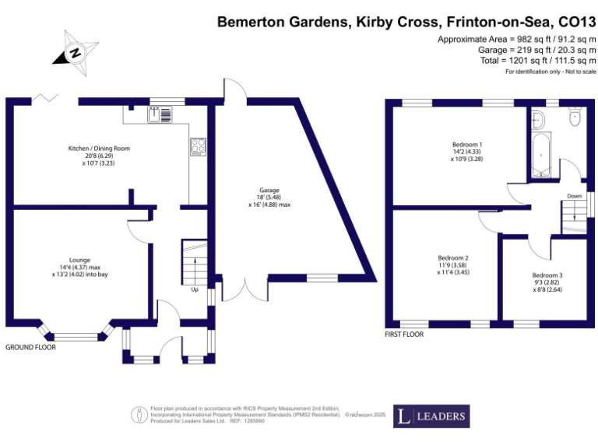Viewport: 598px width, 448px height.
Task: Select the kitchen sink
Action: tap(164, 114)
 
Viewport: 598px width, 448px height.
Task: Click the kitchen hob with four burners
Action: tap(198, 146)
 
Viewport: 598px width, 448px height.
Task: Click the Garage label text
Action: tap(269, 190)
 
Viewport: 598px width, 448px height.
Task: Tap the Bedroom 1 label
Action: tap(467, 145)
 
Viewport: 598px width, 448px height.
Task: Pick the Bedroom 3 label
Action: tap(547, 275)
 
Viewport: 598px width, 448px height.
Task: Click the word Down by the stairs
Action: tap(575, 196)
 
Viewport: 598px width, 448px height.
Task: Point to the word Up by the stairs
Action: tap(194, 290)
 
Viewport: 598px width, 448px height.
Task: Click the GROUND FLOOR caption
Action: tap(30, 347)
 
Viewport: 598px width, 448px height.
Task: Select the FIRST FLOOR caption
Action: tap(404, 334)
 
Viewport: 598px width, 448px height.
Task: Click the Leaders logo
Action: tap(431, 416)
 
